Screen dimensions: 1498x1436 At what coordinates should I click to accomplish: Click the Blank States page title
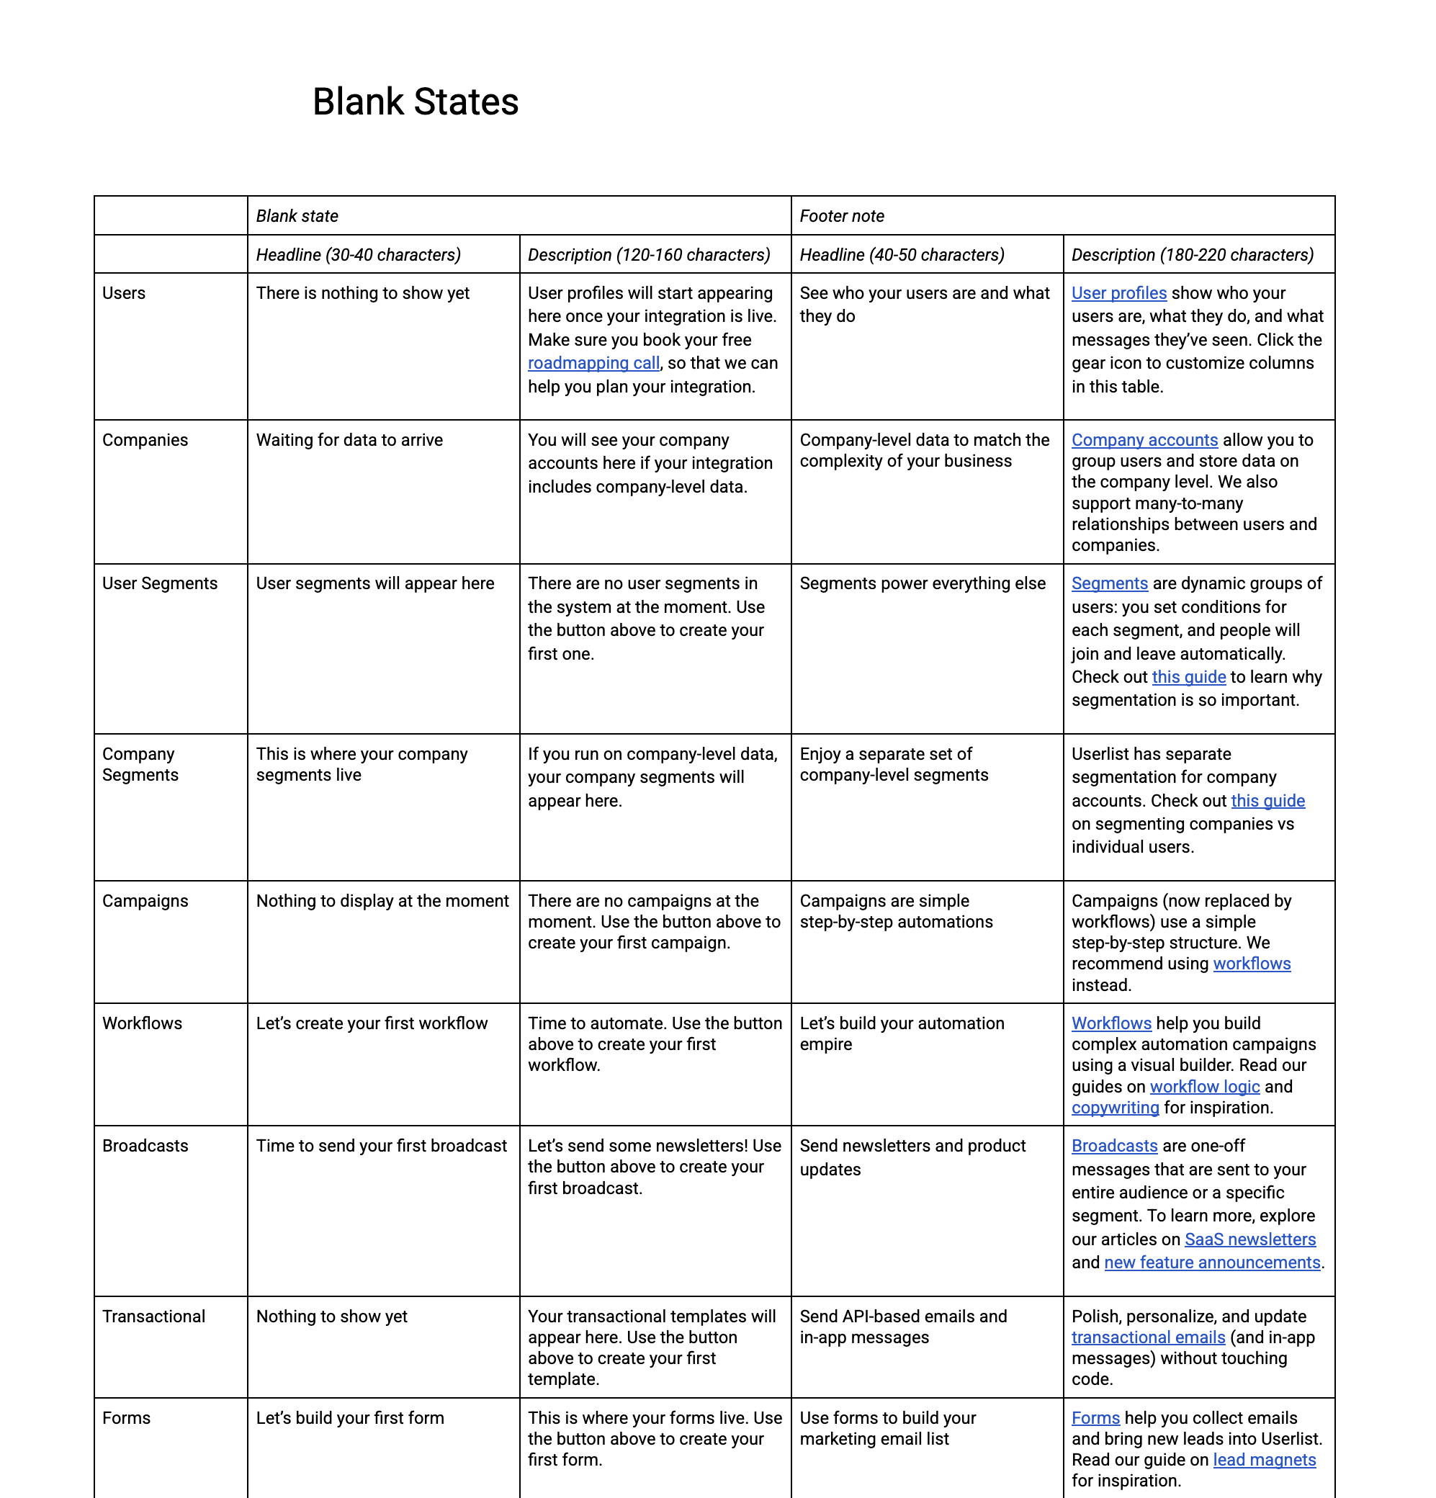pos(415,102)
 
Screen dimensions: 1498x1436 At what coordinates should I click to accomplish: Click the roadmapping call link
pos(593,363)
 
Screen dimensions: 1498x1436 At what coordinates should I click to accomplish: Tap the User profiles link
pos(1118,294)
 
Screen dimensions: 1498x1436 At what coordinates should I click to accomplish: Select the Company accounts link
pos(1144,440)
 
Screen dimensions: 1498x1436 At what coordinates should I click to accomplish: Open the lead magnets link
pos(1263,1460)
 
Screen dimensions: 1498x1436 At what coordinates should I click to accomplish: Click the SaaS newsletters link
pos(1249,1239)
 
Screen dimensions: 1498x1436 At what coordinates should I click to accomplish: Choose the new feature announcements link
pos(1211,1262)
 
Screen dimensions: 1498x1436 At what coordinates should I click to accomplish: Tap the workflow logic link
pos(1203,1087)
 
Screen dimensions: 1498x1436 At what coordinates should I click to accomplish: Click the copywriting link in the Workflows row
pos(1114,1108)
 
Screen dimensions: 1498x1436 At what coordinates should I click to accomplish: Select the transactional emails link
pos(1147,1337)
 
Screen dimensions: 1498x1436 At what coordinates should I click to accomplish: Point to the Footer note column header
pos(841,216)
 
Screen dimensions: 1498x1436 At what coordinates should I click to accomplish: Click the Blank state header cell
pos(297,216)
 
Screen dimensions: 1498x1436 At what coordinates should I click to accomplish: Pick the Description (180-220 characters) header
pos(1191,254)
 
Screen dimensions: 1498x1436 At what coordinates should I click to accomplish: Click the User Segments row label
pos(160,584)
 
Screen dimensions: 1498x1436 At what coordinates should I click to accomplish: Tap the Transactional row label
pos(153,1316)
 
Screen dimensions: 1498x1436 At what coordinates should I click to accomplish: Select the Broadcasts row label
pos(145,1146)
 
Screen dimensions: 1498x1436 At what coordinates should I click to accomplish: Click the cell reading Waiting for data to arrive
pos(349,440)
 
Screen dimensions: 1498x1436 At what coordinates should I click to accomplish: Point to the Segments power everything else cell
pos(922,584)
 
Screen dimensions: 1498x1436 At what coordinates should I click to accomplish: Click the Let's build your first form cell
pos(349,1418)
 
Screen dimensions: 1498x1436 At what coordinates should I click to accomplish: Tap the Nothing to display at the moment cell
pos(382,901)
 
